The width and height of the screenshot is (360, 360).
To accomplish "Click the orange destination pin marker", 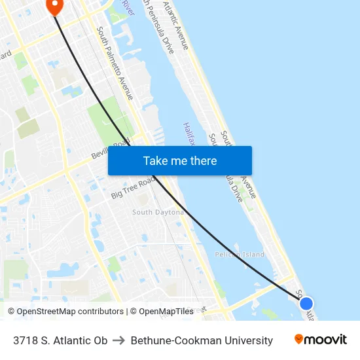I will click(54, 6).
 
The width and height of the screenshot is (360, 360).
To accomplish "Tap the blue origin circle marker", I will click(306, 303).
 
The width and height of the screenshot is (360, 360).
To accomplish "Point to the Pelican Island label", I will click(240, 254).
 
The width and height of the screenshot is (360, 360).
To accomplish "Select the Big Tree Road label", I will click(132, 187).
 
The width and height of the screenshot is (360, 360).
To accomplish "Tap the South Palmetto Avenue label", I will click(115, 63).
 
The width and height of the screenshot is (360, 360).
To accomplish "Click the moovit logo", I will click(321, 340).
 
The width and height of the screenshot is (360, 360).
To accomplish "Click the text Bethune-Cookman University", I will click(202, 340).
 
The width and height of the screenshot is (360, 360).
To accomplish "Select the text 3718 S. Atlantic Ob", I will click(60, 340).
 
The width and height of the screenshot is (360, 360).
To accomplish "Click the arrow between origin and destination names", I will click(119, 340).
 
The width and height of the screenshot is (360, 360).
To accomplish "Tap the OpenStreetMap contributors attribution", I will click(65, 312).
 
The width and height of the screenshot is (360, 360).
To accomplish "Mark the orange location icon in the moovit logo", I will click(299, 339).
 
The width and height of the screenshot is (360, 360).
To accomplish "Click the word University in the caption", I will click(251, 340).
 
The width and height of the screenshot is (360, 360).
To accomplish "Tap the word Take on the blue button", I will click(154, 161).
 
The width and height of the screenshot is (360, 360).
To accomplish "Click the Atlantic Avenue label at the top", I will click(175, 25).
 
